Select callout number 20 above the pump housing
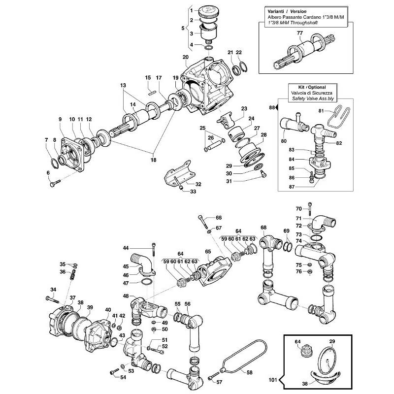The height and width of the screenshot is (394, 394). point(185,57)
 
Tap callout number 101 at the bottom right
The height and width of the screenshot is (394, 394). point(273,380)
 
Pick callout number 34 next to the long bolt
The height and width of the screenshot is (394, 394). point(53,289)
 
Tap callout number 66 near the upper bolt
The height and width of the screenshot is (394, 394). point(219,217)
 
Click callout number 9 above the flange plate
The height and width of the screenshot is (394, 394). point(61,120)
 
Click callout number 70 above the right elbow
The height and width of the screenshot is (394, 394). point(298,209)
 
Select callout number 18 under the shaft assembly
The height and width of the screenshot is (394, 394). point(153,160)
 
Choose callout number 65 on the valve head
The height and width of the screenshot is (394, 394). point(208,252)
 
